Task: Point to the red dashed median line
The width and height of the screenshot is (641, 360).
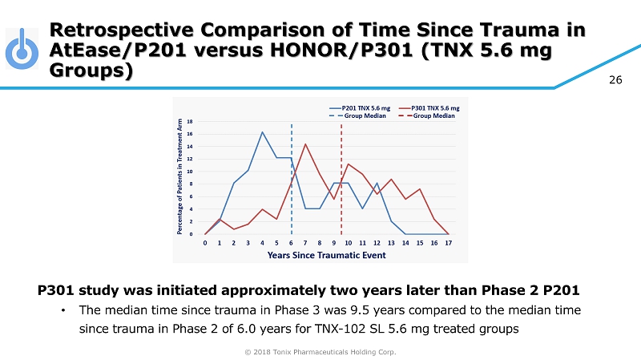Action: pos(342,176)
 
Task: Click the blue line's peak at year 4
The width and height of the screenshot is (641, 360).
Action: pos(262,132)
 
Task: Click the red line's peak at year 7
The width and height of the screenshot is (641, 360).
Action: pos(305,144)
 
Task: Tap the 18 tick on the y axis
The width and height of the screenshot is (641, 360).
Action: pos(191,121)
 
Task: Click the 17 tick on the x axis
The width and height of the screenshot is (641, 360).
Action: pos(448,242)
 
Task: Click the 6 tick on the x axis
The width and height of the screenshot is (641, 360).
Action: pos(291,242)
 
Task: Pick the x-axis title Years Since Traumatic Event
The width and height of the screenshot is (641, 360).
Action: pos(327,255)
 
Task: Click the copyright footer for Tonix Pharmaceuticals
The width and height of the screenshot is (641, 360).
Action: pos(320,351)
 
